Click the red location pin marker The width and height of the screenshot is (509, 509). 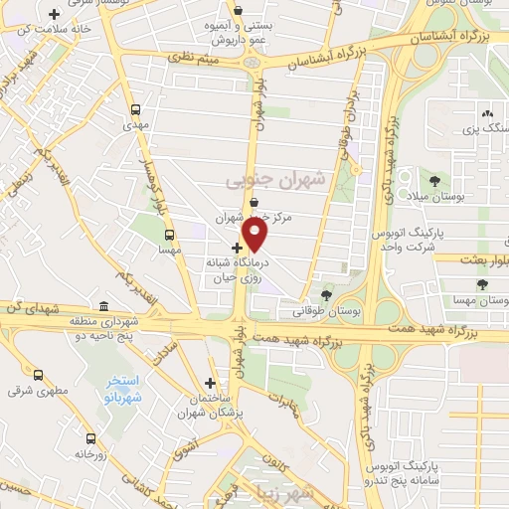click(x=256, y=235)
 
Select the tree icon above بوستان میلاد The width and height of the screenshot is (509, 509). click(x=434, y=179)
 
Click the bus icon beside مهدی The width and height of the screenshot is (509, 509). click(x=135, y=110)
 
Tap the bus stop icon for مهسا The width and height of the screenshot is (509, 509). click(x=169, y=236)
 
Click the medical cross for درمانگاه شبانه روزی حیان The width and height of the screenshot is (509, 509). click(x=236, y=247)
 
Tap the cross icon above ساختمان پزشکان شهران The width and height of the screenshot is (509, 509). click(x=210, y=383)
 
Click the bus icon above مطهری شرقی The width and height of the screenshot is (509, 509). click(x=38, y=376)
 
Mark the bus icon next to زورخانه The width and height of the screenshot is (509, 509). click(x=90, y=437)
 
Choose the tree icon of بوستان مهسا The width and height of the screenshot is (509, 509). click(x=482, y=284)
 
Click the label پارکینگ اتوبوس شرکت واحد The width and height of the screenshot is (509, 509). click(x=407, y=240)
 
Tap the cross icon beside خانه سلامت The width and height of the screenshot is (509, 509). click(x=54, y=13)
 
